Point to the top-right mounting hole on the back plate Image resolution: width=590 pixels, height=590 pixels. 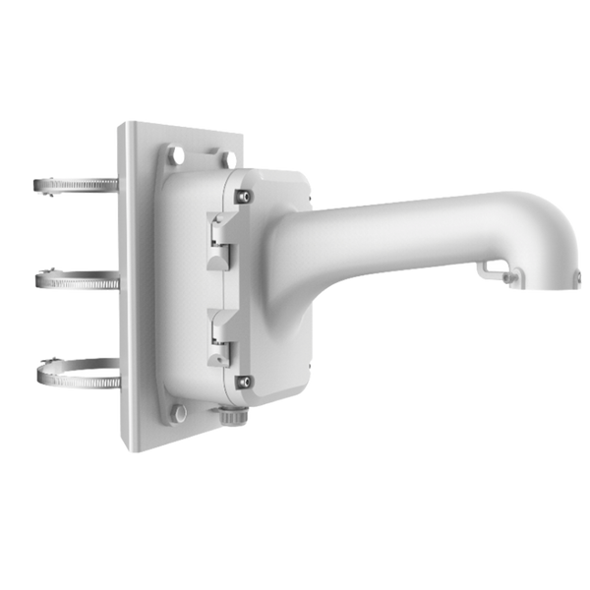point(227,157)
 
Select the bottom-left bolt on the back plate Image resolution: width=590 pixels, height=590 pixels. point(179,413)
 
